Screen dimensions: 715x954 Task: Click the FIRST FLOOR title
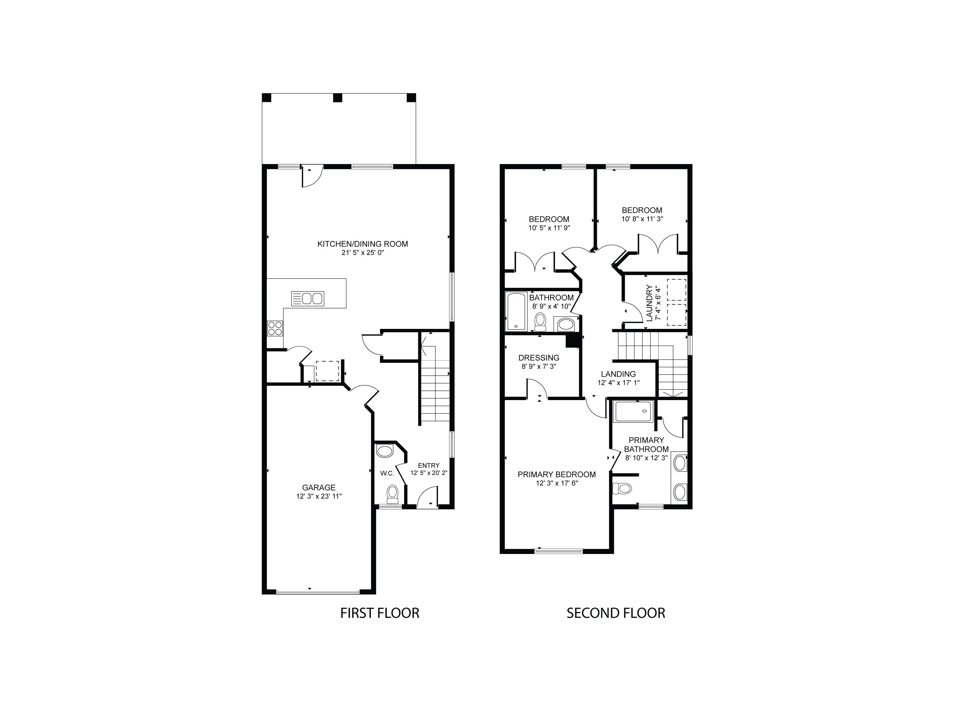click(x=379, y=613)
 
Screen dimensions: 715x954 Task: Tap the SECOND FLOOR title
click(x=615, y=613)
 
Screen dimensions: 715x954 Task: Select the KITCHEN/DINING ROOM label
click(x=362, y=244)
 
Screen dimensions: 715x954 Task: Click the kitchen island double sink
click(x=308, y=299)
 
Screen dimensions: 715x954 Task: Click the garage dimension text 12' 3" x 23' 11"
click(x=319, y=496)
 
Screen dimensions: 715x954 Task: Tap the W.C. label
click(x=387, y=473)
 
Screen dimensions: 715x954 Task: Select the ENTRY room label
click(x=428, y=466)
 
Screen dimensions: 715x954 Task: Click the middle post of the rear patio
click(x=337, y=98)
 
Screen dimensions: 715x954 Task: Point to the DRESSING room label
click(x=539, y=358)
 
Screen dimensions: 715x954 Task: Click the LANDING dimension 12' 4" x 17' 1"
click(x=618, y=383)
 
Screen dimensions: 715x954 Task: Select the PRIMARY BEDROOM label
click(x=556, y=474)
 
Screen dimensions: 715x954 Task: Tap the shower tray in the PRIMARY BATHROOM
click(x=633, y=412)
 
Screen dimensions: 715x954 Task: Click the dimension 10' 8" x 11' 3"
click(x=642, y=219)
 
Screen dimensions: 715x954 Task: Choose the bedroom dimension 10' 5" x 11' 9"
click(x=549, y=228)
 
